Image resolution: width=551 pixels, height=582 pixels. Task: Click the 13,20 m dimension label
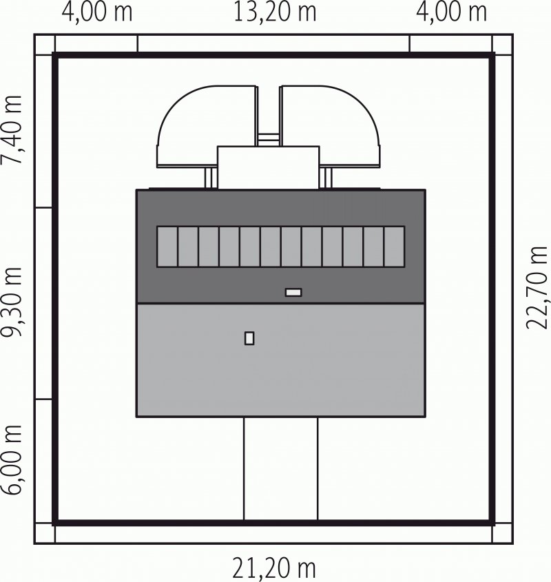click(275, 12)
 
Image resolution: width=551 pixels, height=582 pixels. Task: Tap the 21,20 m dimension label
click(274, 568)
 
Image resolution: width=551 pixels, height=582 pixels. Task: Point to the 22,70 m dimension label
click(537, 288)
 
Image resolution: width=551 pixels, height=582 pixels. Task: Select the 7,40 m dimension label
click(12, 129)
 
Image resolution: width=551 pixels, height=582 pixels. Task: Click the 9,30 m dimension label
click(12, 302)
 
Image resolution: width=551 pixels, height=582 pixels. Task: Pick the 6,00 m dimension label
click(12, 460)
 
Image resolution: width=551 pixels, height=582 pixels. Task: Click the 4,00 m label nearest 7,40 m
click(97, 12)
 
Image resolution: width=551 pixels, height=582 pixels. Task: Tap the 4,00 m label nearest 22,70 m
click(452, 12)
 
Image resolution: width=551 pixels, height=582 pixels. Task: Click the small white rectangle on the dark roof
click(293, 293)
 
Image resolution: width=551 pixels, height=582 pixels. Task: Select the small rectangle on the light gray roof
click(249, 338)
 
